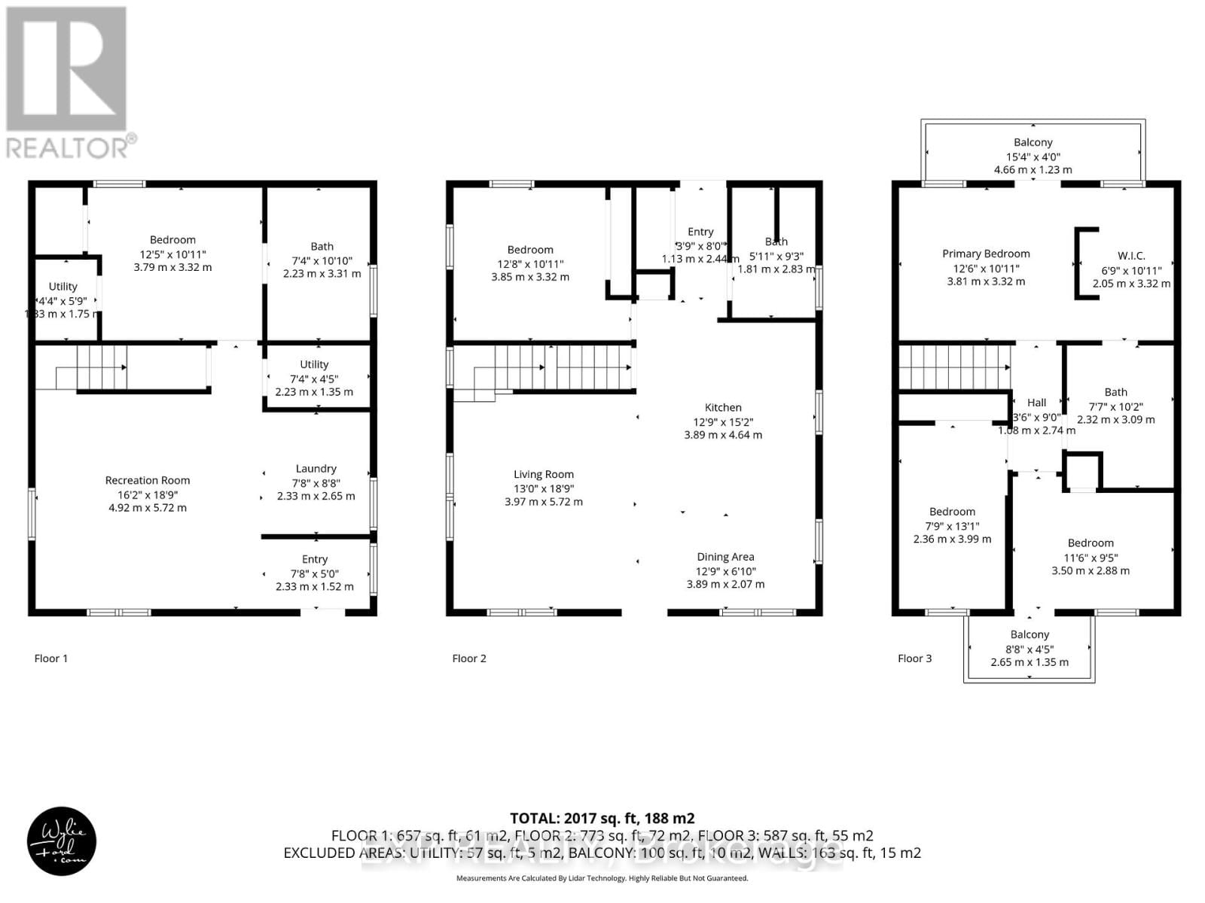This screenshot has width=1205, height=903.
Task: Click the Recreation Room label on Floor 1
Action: click(148, 480)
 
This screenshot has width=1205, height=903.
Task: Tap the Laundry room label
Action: click(316, 468)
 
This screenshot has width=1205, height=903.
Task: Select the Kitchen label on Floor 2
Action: click(723, 407)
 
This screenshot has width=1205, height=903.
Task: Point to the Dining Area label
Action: click(725, 557)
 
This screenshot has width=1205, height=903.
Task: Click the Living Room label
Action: click(543, 474)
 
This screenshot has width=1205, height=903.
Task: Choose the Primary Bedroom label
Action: click(986, 254)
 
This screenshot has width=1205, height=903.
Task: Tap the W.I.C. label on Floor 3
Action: click(1131, 256)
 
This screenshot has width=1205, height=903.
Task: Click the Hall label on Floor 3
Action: click(1036, 403)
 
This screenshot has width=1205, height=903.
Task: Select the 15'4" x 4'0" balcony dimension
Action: click(1033, 157)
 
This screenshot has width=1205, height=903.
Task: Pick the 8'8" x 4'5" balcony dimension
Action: click(1030, 649)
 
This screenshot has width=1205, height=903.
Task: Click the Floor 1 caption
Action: click(50, 658)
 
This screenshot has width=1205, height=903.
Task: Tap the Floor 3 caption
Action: click(914, 658)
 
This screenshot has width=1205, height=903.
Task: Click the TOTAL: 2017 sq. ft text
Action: click(602, 818)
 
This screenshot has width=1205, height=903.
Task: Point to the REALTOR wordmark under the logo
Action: click(72, 147)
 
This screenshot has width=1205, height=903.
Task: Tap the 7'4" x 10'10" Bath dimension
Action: click(322, 260)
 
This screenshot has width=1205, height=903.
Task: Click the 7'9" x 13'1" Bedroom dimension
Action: click(952, 526)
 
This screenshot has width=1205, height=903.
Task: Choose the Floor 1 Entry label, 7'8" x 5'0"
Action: click(315, 559)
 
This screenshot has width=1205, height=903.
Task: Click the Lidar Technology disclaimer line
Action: click(602, 878)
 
